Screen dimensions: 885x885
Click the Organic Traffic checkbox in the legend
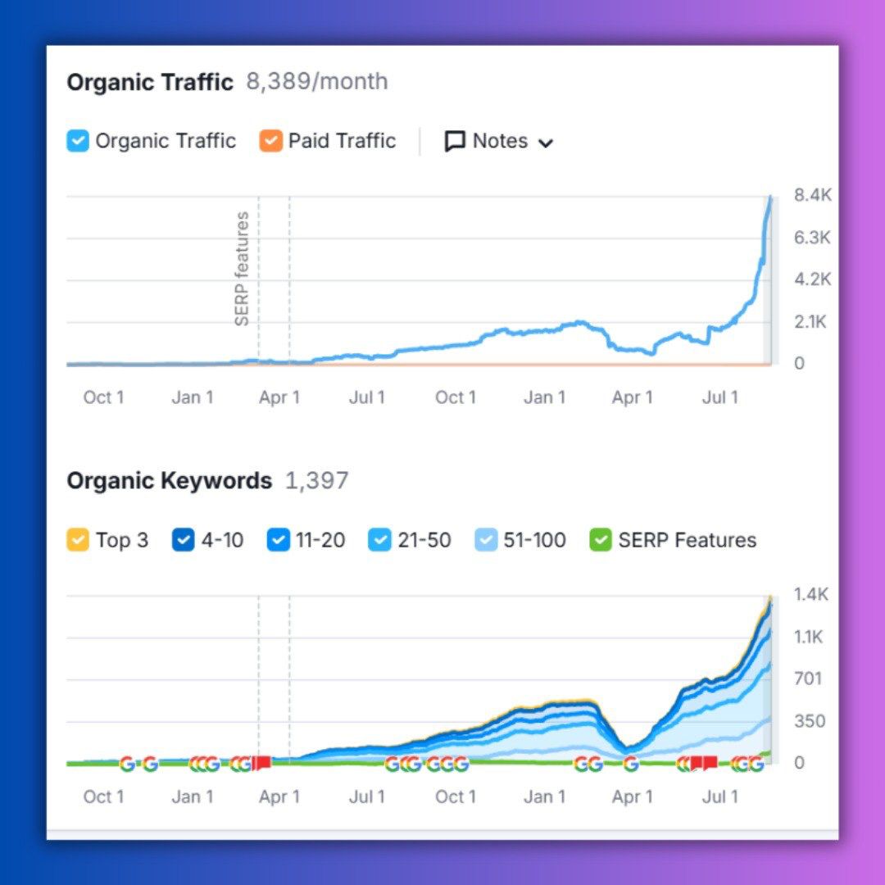point(77,142)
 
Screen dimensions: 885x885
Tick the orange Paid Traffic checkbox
point(270,142)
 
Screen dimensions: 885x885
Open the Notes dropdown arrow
point(546,143)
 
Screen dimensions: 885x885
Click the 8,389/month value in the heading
point(317,82)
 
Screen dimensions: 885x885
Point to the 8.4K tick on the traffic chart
point(812,195)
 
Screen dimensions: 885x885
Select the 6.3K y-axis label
point(812,238)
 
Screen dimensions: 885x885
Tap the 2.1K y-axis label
point(810,322)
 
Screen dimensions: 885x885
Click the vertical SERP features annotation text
point(242,269)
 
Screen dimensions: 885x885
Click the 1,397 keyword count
point(316,481)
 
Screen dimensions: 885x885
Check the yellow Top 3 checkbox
point(78,540)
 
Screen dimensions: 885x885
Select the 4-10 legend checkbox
point(184,540)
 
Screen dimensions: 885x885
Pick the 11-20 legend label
point(320,540)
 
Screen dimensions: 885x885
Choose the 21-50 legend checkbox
point(380,540)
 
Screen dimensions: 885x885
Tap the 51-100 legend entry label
point(534,540)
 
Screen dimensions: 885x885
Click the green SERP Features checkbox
point(601,540)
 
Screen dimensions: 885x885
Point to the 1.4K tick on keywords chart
point(811,595)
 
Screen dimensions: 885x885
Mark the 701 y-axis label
point(808,678)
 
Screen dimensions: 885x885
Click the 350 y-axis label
point(809,721)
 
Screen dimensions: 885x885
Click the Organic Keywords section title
point(170,481)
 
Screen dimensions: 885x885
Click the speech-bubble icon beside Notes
point(455,142)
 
